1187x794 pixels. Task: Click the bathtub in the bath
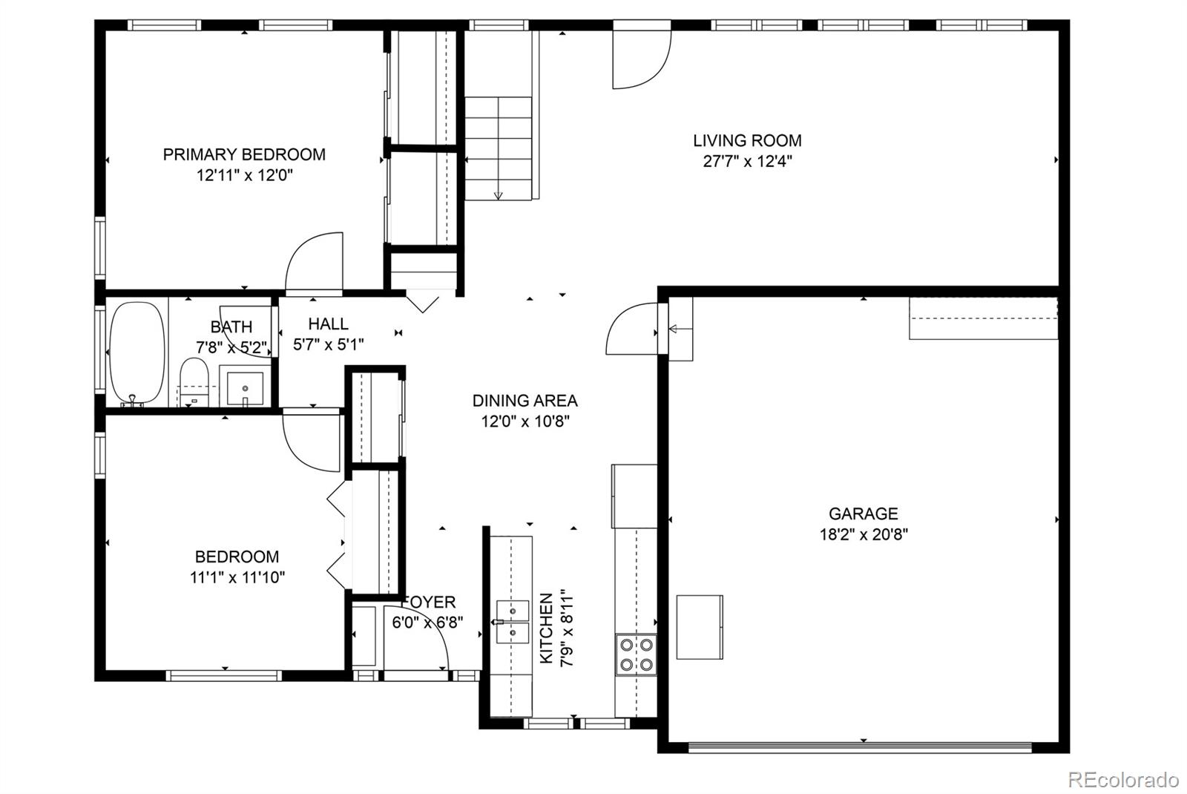click(137, 353)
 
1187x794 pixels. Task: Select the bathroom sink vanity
click(245, 387)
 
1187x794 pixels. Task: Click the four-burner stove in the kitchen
click(636, 654)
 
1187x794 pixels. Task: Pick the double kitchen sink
click(512, 622)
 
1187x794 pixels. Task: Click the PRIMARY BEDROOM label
click(244, 154)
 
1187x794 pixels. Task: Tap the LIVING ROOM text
click(747, 140)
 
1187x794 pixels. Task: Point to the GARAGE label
click(863, 514)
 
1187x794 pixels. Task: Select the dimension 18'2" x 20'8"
click(864, 534)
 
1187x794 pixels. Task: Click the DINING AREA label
click(525, 401)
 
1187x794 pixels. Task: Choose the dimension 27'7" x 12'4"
click(747, 161)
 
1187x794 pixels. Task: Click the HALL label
click(328, 324)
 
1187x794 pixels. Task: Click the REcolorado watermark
click(1122, 780)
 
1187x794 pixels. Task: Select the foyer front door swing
click(423, 646)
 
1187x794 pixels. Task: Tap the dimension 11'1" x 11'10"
click(237, 577)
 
